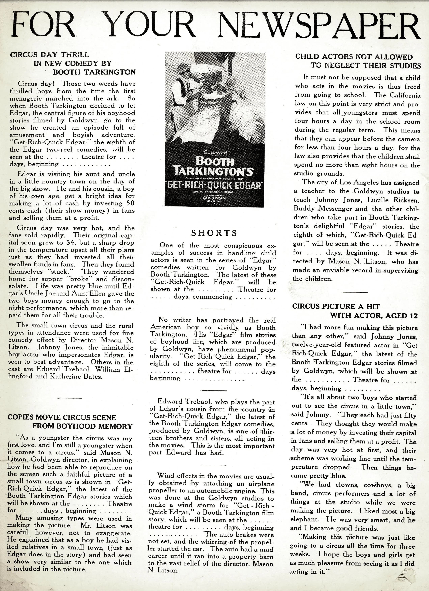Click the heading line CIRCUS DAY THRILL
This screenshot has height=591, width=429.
click(x=49, y=55)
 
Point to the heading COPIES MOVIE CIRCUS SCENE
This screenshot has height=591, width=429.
click(x=62, y=417)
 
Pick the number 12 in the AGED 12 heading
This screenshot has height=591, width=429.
click(x=413, y=316)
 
